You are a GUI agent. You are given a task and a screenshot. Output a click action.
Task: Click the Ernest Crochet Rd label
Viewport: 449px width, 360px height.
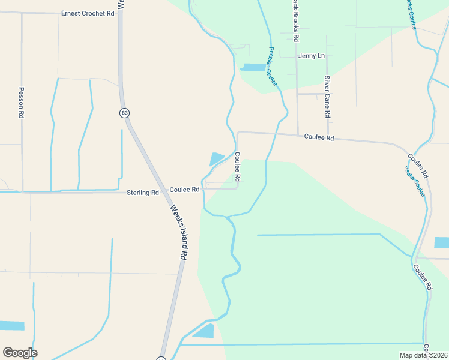[88, 13]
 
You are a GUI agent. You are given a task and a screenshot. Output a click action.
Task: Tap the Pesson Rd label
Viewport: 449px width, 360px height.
[22, 102]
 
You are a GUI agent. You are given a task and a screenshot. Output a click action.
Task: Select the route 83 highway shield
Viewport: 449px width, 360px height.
[124, 112]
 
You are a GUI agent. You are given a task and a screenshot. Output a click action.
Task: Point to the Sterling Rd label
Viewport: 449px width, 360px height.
[143, 193]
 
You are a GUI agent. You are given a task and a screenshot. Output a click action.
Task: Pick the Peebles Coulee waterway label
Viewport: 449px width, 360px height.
[273, 67]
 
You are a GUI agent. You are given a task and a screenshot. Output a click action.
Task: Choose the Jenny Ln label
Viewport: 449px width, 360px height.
[312, 56]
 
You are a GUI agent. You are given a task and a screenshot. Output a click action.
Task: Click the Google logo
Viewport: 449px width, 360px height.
[20, 353]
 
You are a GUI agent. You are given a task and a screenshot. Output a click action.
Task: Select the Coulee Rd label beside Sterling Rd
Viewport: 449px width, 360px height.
[184, 190]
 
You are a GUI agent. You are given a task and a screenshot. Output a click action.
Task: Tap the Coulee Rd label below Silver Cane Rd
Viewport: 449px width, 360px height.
[318, 137]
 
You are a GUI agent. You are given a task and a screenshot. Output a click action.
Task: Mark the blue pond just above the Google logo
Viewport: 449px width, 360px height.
[12, 326]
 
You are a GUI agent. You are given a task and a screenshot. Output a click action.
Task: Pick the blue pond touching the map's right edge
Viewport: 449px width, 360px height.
[441, 242]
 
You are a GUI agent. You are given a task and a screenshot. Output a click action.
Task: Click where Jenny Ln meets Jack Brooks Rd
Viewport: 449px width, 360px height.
[297, 56]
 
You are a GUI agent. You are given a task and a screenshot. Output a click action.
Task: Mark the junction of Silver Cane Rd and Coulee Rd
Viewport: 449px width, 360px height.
[328, 137]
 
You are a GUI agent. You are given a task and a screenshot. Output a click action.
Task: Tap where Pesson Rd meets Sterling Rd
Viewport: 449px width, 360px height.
[22, 192]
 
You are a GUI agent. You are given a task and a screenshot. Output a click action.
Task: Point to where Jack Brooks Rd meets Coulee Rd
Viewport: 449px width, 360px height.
[298, 135]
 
